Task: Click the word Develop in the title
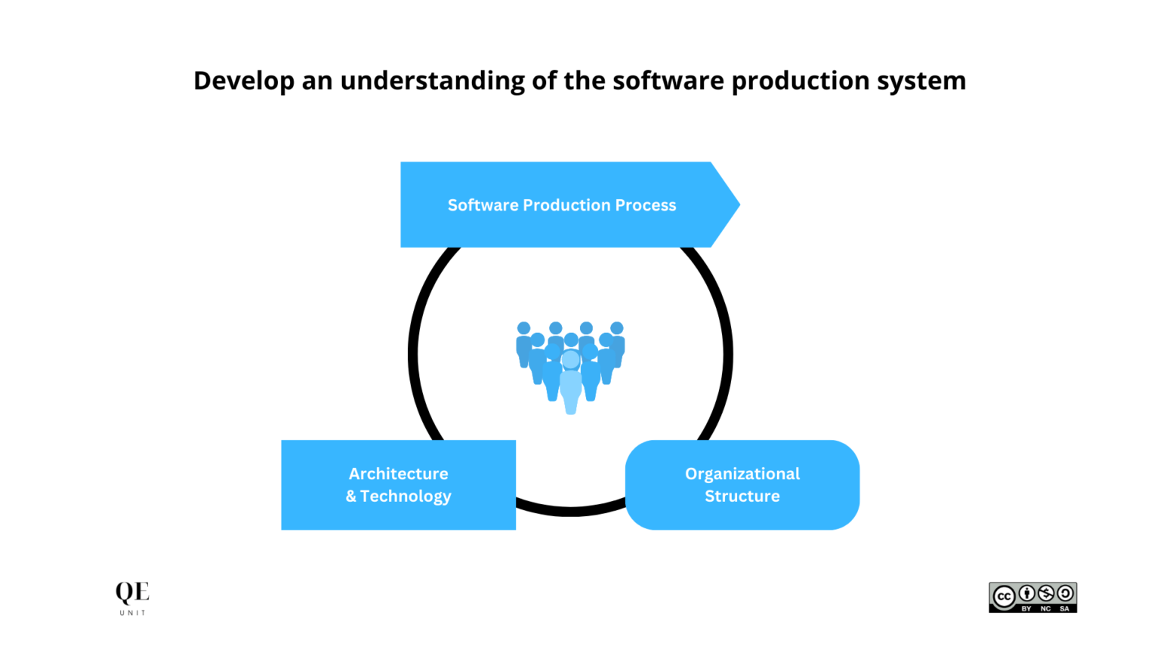point(244,81)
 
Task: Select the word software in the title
point(668,81)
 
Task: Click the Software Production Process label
point(562,205)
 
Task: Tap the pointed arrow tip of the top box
point(739,205)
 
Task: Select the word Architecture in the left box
point(398,473)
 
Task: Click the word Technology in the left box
point(406,497)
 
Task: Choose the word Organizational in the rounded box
point(742,473)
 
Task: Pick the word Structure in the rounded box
point(742,496)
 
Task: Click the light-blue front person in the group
point(571,383)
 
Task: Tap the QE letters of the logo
point(132,592)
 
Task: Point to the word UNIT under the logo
point(133,614)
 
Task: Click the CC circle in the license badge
point(1004,597)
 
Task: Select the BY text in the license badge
point(1026,608)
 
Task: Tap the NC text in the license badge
point(1045,608)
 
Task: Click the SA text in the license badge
point(1065,608)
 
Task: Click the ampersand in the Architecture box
point(351,497)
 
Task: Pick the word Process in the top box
point(645,205)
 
